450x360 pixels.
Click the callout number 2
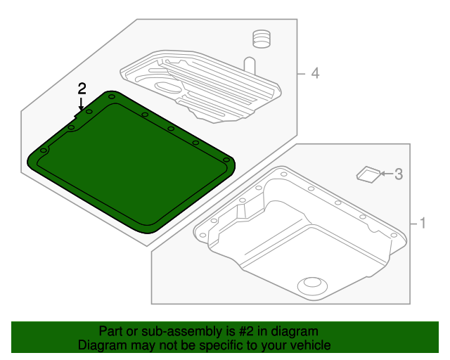82,89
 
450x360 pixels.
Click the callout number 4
316,73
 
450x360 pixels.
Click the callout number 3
398,174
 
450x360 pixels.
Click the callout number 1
423,224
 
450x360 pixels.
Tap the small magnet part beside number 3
367,174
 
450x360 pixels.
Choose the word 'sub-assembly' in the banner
176,331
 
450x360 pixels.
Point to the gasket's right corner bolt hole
227,161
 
